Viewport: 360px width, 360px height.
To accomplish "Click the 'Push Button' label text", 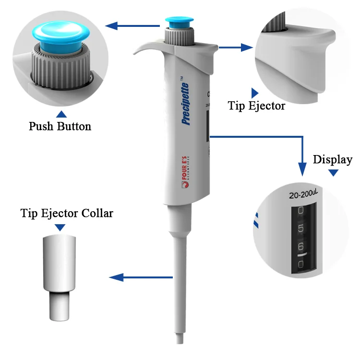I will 60,127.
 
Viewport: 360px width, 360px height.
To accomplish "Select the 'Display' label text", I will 332,159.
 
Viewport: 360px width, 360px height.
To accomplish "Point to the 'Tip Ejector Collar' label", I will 67,213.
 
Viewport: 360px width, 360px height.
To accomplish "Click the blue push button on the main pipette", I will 180,22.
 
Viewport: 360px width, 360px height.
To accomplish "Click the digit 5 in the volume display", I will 301,228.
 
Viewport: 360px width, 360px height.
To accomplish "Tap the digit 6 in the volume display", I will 301,247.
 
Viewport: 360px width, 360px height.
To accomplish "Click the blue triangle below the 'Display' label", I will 333,172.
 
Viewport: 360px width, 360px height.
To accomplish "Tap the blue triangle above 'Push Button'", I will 61,114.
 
